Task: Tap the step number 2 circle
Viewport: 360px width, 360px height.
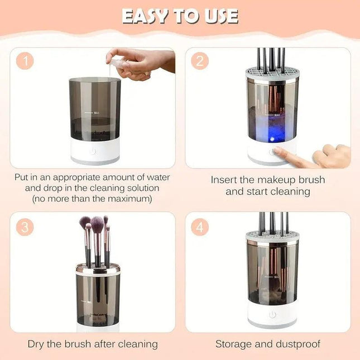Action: pyautogui.click(x=200, y=61)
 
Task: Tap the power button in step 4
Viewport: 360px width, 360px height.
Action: pyautogui.click(x=272, y=315)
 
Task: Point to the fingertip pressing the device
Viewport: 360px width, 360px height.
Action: pyautogui.click(x=277, y=151)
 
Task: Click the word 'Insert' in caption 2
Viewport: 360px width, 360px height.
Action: pyautogui.click(x=224, y=180)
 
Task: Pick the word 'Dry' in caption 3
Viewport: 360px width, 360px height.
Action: pyautogui.click(x=38, y=344)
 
